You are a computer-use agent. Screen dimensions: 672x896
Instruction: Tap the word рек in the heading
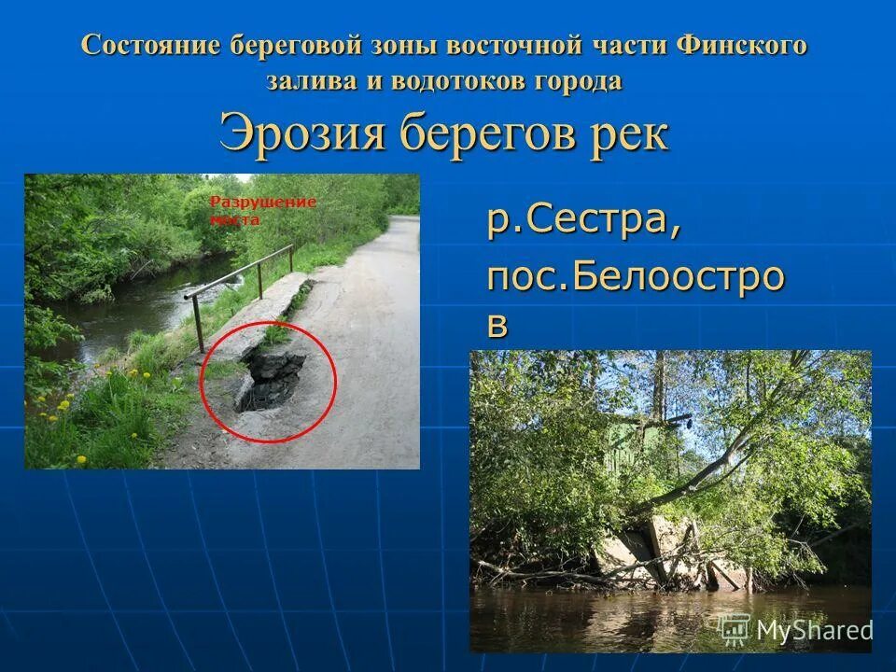pos(629,134)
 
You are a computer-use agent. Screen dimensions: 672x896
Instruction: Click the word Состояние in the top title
pos(149,46)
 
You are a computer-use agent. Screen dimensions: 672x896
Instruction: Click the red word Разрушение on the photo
pos(262,202)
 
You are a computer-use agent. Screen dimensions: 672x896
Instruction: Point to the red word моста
pos(234,220)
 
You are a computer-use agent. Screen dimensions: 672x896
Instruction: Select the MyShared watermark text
pos(814,630)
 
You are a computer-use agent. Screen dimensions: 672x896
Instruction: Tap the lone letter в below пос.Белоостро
pos(498,324)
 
